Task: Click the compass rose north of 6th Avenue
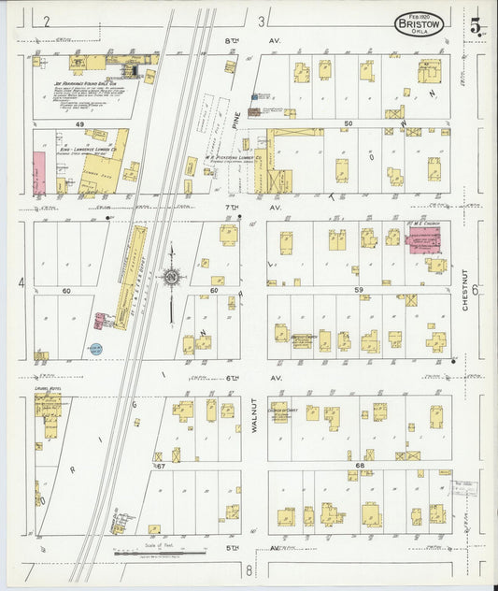coord(171,276)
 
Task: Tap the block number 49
coord(80,124)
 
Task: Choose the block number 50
coord(349,123)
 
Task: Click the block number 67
coord(160,465)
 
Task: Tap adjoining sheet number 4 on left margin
coord(20,281)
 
